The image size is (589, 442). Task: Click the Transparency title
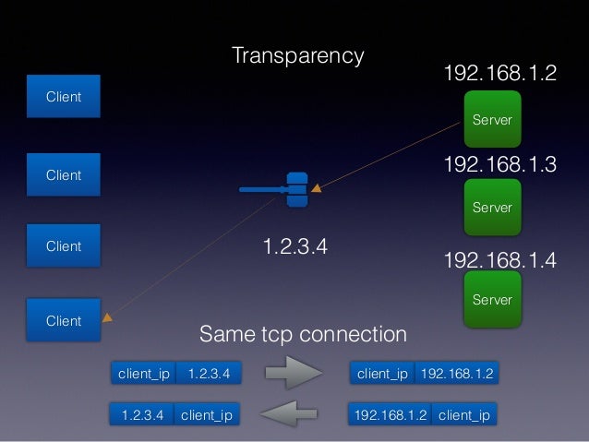pyautogui.click(x=297, y=55)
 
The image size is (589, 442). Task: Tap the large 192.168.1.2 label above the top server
pyautogui.click(x=500, y=74)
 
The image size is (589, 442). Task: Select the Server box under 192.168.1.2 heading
pyautogui.click(x=492, y=118)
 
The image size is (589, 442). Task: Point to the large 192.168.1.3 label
pyautogui.click(x=500, y=165)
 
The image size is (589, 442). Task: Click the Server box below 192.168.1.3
pyautogui.click(x=492, y=207)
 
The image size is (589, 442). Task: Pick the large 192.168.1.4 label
pyautogui.click(x=500, y=260)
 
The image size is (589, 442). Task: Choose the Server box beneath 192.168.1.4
pyautogui.click(x=492, y=299)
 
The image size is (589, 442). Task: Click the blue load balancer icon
pyautogui.click(x=295, y=190)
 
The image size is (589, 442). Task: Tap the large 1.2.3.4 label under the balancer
pyautogui.click(x=295, y=246)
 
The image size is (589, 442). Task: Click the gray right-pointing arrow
pyautogui.click(x=293, y=374)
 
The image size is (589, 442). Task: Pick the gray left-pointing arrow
pyautogui.click(x=293, y=414)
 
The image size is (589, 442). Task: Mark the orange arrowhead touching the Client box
pyautogui.click(x=107, y=318)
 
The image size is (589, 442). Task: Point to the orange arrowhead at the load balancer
pyautogui.click(x=317, y=189)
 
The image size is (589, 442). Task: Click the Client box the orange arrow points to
pyautogui.click(x=63, y=320)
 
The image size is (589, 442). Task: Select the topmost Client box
pyautogui.click(x=63, y=97)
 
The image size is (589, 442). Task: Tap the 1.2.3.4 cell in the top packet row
pyautogui.click(x=209, y=374)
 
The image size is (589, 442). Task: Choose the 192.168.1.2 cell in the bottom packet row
pyautogui.click(x=391, y=415)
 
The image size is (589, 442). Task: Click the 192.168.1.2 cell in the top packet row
pyautogui.click(x=457, y=374)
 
